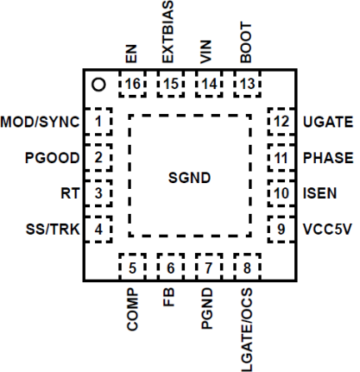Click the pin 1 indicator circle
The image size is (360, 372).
(x=98, y=84)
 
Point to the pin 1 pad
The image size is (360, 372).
(x=99, y=122)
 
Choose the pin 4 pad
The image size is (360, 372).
(x=99, y=227)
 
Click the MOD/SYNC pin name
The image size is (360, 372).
(x=41, y=122)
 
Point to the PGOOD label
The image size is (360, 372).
(x=52, y=157)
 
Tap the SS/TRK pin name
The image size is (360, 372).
(x=47, y=227)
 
